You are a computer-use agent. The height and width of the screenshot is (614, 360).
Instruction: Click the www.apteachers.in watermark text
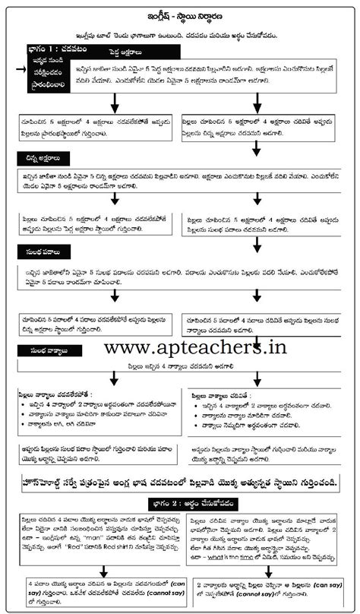[x=195, y=347]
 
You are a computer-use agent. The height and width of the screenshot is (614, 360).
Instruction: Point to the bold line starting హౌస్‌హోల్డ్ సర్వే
[x=180, y=483]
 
